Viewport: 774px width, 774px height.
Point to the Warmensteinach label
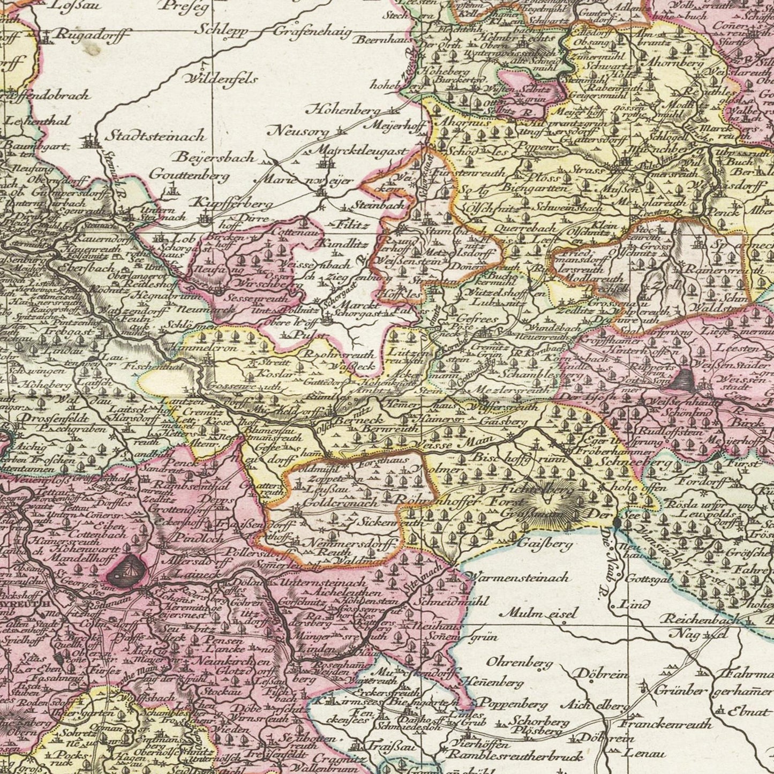coord(518,578)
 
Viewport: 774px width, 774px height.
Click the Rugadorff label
coord(93,36)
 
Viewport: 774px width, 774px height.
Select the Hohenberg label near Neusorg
coord(343,110)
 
